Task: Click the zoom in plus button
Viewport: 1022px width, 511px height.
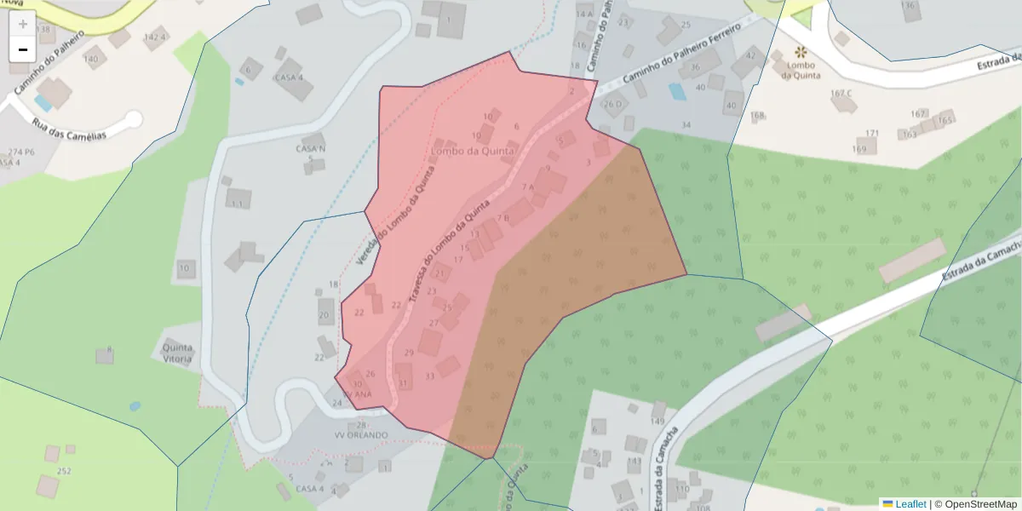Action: [23, 24]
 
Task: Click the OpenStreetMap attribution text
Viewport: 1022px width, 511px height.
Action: [980, 504]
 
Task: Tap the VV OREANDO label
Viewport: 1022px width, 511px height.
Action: [361, 435]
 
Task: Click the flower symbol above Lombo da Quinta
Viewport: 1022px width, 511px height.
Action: [801, 52]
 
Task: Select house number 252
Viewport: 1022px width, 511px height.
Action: [64, 471]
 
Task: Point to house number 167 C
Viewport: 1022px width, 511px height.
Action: [841, 93]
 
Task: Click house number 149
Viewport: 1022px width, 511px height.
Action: [657, 422]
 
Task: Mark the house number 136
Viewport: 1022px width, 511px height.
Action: [910, 6]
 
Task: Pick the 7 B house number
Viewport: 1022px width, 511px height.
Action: [502, 218]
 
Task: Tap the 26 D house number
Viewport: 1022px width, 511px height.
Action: [613, 105]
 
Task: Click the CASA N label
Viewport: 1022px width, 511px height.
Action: [311, 149]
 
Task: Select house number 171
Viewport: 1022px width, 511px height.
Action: [871, 133]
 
